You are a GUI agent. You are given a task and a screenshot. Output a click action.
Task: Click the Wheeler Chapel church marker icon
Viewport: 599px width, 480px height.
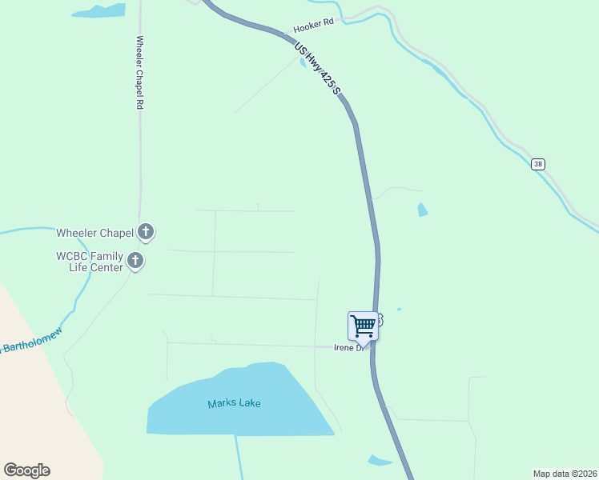145,232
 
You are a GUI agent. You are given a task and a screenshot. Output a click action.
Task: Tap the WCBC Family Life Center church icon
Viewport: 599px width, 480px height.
135,260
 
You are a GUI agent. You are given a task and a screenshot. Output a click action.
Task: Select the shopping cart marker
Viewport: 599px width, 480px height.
363,326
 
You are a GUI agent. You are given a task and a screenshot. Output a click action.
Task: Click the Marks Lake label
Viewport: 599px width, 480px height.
234,403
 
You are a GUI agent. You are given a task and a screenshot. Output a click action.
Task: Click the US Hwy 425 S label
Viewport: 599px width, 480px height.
316,70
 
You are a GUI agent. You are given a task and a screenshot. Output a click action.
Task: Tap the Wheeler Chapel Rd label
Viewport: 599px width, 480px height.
139,73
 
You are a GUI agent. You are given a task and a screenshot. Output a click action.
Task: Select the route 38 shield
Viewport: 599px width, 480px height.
537,164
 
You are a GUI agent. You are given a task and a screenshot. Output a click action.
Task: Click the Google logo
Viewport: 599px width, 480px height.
26,470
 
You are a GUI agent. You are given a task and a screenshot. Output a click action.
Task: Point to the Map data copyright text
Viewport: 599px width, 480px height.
564,473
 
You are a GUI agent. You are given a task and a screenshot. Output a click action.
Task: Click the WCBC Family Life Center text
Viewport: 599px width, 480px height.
90,262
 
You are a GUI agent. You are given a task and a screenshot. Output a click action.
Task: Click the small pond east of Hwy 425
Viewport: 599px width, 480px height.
422,210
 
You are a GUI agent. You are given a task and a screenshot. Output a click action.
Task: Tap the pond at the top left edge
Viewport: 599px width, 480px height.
99,11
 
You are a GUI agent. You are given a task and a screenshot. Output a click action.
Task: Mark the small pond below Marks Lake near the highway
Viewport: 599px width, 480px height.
380,461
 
